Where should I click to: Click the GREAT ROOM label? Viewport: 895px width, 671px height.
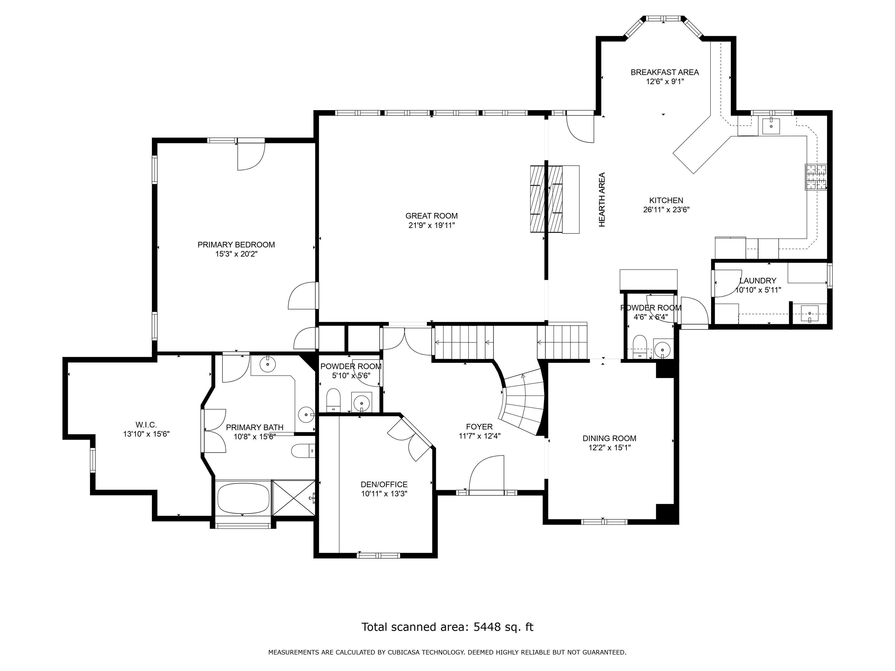tap(431, 216)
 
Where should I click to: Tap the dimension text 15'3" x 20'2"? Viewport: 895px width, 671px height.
tap(236, 254)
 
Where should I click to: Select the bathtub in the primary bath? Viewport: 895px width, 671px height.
tap(243, 498)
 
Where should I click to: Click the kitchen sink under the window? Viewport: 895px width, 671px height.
tap(771, 126)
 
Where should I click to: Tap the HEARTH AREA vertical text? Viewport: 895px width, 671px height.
tap(602, 200)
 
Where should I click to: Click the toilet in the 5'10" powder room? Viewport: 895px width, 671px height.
tap(334, 400)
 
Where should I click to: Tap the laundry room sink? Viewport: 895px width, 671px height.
tap(810, 314)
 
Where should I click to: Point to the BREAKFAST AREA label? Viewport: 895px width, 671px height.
tap(664, 72)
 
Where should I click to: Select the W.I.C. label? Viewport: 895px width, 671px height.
tap(146, 425)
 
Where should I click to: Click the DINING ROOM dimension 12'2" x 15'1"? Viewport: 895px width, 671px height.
tap(609, 448)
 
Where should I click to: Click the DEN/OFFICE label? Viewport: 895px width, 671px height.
tap(384, 485)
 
